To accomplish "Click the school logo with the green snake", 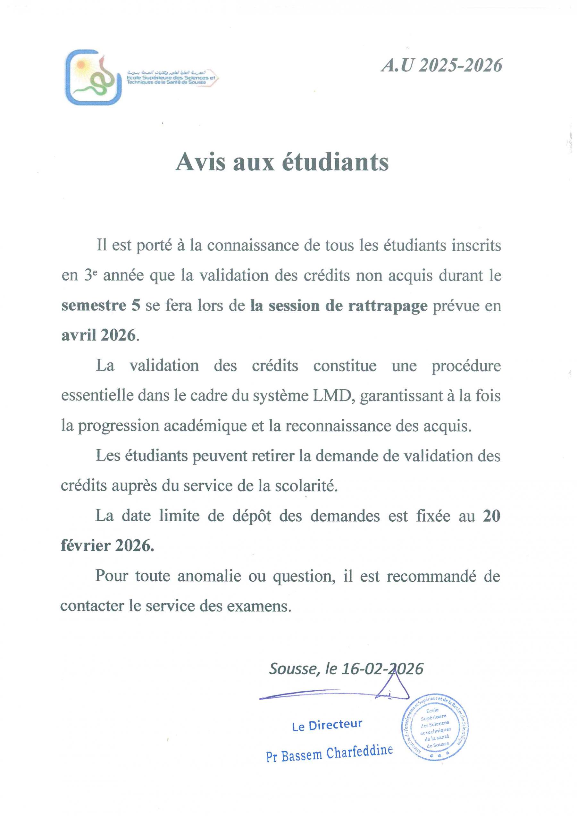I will pyautogui.click(x=93, y=77).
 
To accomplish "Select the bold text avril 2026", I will pyautogui.click(x=98, y=335).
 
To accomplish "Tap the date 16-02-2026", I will pyautogui.click(x=382, y=669).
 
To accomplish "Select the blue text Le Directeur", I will pyautogui.click(x=327, y=725).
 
